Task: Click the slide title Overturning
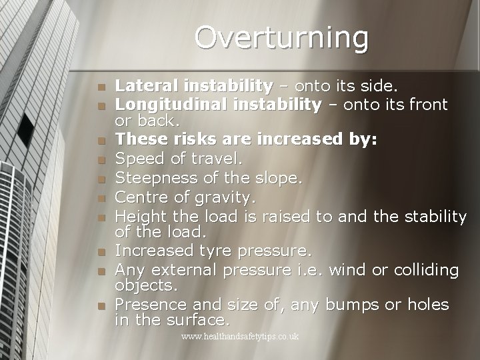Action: pyautogui.click(x=281, y=38)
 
